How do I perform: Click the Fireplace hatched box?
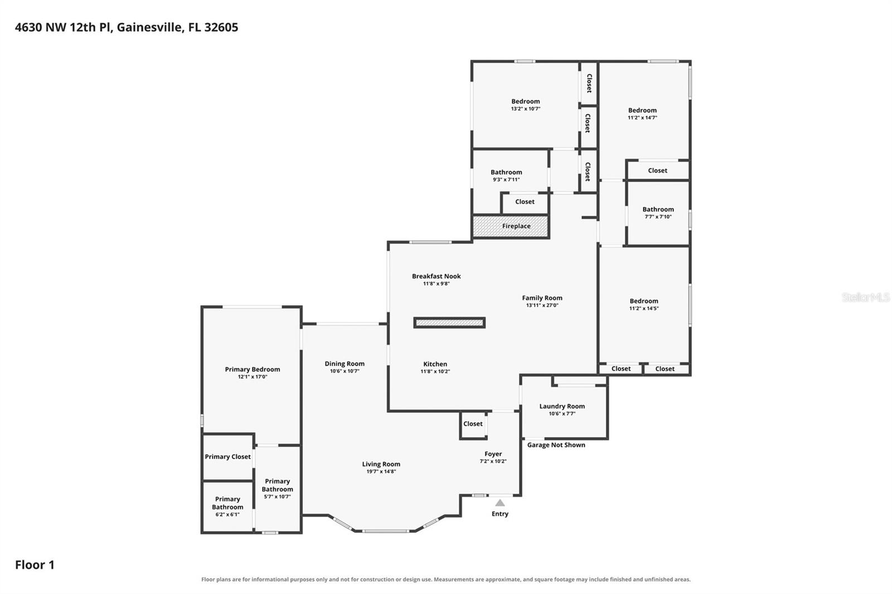tap(511, 226)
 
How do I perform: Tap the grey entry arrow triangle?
tap(500, 503)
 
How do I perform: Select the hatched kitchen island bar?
tap(449, 323)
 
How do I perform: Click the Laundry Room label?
tap(562, 406)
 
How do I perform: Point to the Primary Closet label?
tap(228, 457)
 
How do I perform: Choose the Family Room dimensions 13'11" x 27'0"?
tap(542, 305)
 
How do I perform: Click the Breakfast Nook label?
tap(436, 276)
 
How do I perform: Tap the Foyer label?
tap(493, 454)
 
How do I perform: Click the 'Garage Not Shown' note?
tap(556, 445)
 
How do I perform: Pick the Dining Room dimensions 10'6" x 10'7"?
tap(345, 371)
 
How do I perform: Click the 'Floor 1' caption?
tap(35, 564)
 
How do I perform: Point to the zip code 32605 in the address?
tap(221, 27)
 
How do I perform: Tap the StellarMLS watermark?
tap(866, 297)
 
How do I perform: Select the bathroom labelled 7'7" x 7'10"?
tap(658, 213)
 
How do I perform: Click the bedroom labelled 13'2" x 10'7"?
tap(526, 105)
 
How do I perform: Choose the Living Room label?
tap(381, 464)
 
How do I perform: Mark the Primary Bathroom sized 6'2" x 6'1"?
tap(227, 507)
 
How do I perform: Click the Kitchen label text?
tap(435, 364)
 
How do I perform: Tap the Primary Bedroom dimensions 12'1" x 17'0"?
tap(253, 377)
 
